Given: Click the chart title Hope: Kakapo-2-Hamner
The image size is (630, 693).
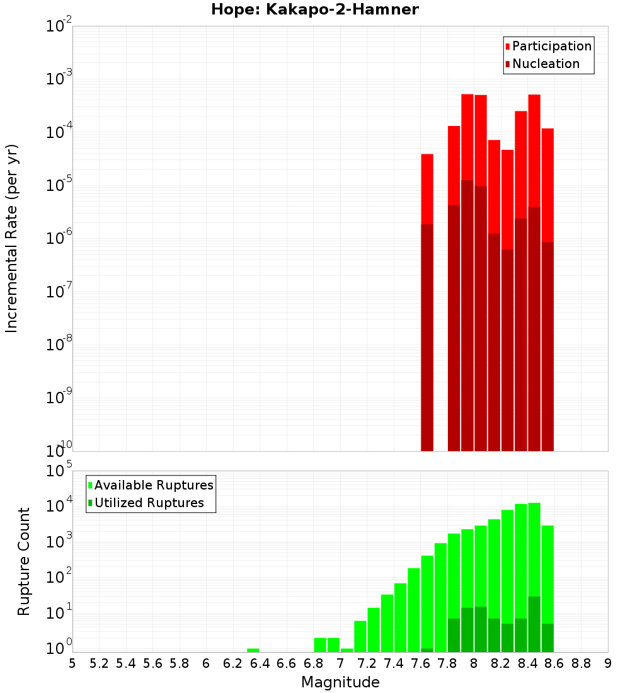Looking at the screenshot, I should coord(314,9).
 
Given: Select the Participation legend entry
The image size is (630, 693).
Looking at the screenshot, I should coord(551,46).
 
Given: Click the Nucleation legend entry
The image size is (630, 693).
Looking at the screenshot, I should coord(545,64).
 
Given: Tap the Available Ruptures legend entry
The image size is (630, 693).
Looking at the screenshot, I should coord(153,485).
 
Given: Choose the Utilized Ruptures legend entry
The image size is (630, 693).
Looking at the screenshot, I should coord(148,503).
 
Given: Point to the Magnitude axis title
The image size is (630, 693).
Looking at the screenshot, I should coord(340,682).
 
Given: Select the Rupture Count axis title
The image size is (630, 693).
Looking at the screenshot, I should coord(24,561).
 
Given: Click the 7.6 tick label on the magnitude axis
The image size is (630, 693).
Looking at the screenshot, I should coord(420,663).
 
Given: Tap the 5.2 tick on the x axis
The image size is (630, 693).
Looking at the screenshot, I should coord(99,663).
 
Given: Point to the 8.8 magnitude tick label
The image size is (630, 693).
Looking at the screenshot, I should coord(581,663).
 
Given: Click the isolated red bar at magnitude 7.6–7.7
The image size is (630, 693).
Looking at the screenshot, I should coord(427,189).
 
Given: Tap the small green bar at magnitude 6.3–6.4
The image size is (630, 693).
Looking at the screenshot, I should coord(253,650).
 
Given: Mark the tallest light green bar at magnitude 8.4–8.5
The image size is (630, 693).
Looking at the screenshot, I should coord(534,548).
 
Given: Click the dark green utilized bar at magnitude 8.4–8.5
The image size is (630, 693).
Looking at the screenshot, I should coord(534,624).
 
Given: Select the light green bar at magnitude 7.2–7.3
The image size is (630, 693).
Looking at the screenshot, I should coord(374,630).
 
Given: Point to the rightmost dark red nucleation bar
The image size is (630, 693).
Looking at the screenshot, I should coord(547,346).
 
